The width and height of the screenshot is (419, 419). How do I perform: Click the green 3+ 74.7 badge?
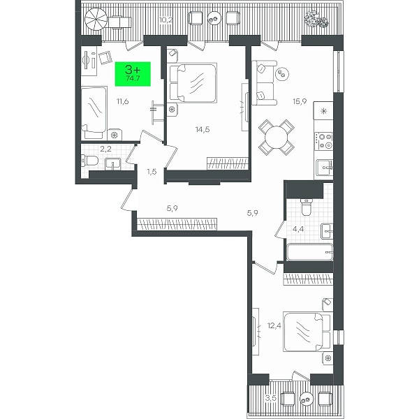133,74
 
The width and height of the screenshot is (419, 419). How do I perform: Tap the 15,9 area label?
300,101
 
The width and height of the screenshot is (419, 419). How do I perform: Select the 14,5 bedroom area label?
203,130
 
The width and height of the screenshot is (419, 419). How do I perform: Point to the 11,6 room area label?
123,101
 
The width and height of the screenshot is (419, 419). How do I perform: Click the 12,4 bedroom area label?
274,325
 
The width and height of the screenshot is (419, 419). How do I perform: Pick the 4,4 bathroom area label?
298,229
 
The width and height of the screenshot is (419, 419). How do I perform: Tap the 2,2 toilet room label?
106,149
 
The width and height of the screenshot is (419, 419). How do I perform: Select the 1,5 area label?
152,172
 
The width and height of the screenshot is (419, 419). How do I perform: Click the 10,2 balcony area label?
166,20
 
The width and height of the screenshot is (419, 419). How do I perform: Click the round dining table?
277,138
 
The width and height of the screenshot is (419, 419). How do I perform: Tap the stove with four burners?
324,141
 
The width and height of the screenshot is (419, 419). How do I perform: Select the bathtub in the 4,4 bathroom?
309,252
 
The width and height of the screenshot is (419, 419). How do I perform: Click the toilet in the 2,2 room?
90,161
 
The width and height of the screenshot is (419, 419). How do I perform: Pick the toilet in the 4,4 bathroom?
307,207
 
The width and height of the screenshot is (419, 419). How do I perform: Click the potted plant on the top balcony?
316,20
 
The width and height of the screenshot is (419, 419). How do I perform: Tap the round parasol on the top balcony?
96,19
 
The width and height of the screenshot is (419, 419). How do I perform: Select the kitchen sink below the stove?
325,168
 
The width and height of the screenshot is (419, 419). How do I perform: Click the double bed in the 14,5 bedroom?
192,83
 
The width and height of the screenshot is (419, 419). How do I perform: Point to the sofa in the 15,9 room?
264,83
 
